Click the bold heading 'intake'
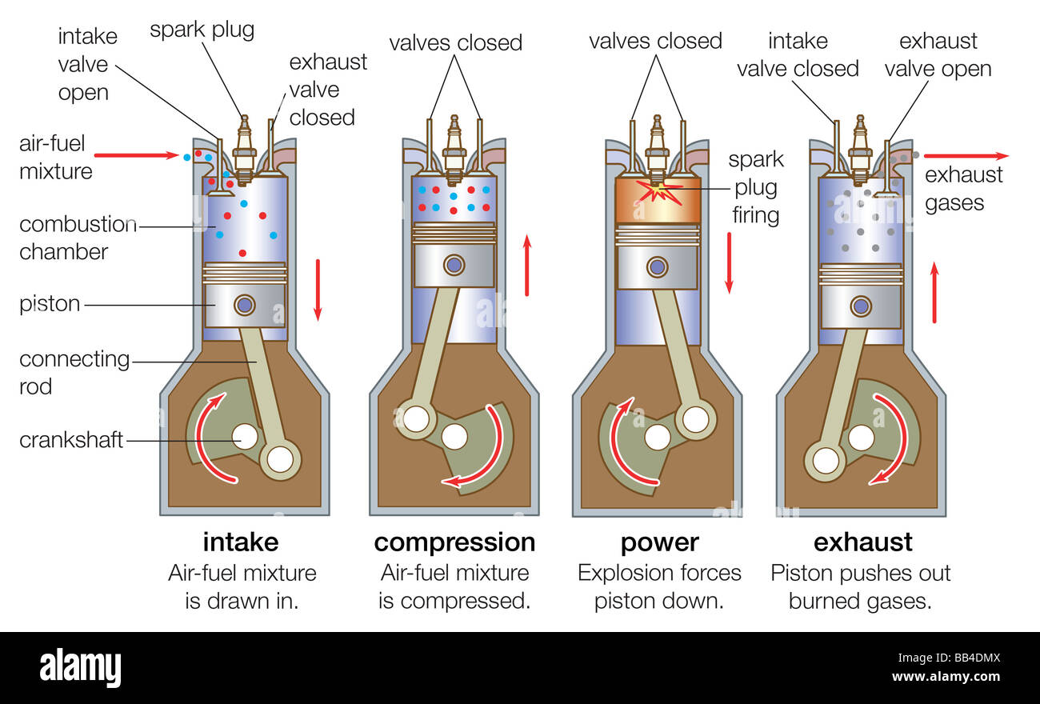click(x=240, y=542)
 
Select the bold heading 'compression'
click(x=454, y=542)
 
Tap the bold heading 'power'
click(x=659, y=542)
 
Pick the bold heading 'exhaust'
click(x=862, y=542)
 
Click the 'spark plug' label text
click(x=202, y=30)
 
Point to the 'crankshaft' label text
click(x=71, y=440)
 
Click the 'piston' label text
click(x=50, y=304)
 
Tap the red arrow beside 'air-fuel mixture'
click(x=135, y=155)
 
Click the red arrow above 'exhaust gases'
click(x=966, y=156)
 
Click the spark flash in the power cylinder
click(x=658, y=192)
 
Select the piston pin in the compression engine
click(x=454, y=264)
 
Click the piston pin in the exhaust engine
click(x=861, y=306)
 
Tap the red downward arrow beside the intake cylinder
click(x=318, y=289)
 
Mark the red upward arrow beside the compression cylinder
click(x=526, y=265)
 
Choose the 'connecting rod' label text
click(x=74, y=373)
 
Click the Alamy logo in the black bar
click(x=80, y=668)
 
